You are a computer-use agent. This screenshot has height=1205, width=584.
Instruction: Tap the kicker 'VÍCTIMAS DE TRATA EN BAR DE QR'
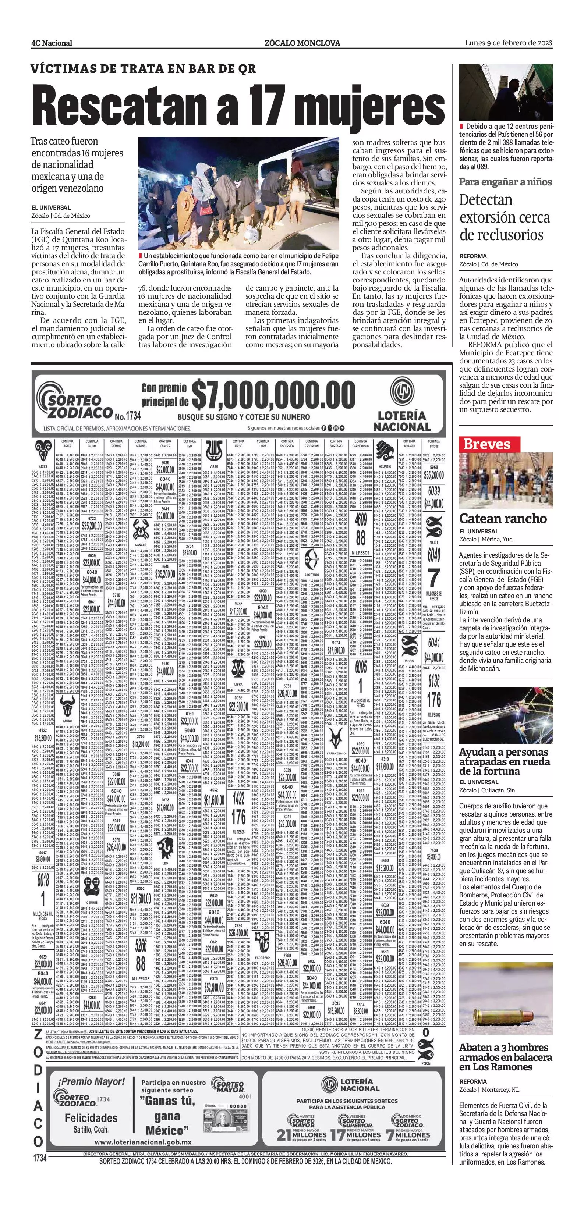143,69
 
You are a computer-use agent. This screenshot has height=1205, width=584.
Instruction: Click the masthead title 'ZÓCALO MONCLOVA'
302,43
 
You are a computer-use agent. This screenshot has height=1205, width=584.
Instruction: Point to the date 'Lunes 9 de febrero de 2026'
509,43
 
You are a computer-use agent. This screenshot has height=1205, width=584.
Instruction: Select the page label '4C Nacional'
52,43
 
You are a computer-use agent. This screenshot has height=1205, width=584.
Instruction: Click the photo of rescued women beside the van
239,193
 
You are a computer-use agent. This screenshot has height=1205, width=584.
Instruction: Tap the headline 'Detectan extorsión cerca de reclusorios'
505,217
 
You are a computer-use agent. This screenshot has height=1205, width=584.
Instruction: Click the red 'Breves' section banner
486,444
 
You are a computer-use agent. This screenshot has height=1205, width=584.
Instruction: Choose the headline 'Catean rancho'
503,518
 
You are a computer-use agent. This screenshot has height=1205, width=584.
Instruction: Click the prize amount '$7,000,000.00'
273,394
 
